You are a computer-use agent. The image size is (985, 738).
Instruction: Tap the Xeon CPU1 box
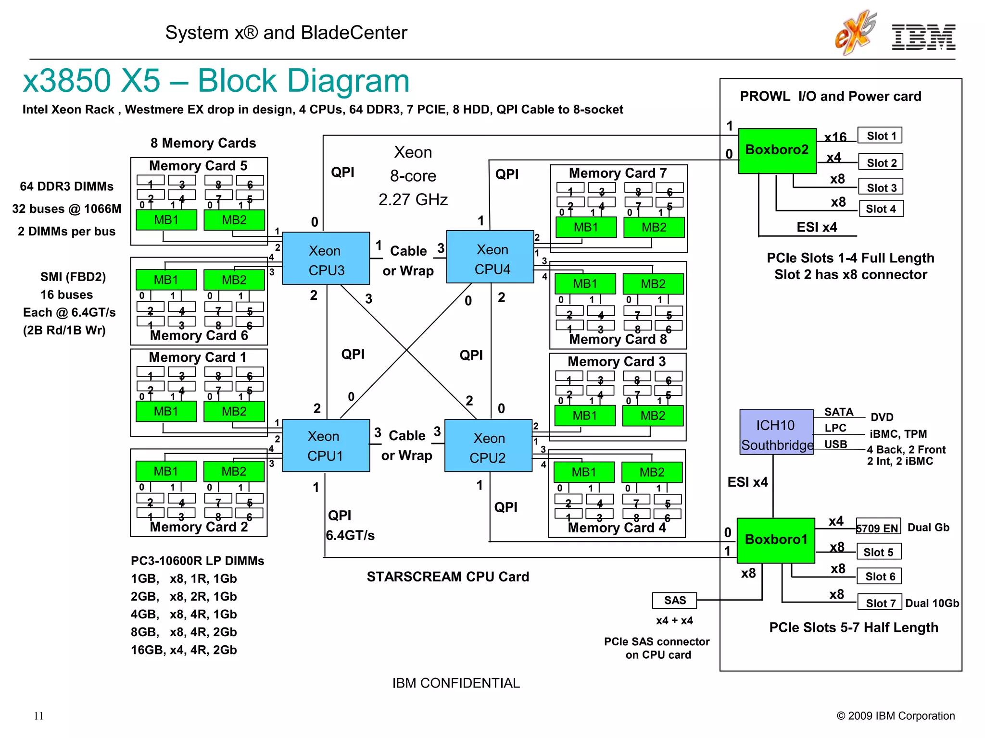click(x=326, y=445)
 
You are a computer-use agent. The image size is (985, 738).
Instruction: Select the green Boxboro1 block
click(x=775, y=540)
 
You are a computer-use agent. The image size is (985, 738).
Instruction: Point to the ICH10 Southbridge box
click(x=776, y=432)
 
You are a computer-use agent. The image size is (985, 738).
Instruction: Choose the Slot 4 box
click(x=881, y=209)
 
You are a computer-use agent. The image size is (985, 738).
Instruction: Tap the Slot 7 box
click(x=880, y=603)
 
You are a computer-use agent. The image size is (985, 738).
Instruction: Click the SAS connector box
click(x=674, y=600)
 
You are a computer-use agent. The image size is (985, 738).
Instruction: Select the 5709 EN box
click(x=877, y=528)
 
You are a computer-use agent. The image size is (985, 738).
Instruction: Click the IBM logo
click(x=923, y=37)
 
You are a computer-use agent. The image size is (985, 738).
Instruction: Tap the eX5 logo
click(x=855, y=33)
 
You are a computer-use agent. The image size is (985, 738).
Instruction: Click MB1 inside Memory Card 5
click(x=166, y=220)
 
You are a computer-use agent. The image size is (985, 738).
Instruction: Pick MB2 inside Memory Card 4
click(x=651, y=472)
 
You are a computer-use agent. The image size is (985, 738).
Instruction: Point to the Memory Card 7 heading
click(x=618, y=173)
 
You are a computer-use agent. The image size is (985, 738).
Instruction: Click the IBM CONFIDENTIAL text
click(x=455, y=683)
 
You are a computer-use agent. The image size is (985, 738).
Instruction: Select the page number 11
click(x=38, y=716)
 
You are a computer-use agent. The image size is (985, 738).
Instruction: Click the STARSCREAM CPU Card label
click(x=447, y=577)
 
